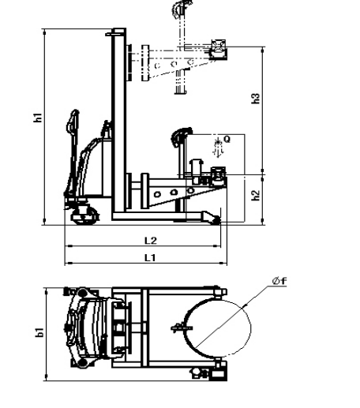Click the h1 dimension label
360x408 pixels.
pyautogui.click(x=38, y=118)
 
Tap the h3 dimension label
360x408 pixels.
pyautogui.click(x=256, y=98)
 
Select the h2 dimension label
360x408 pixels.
pyautogui.click(x=256, y=195)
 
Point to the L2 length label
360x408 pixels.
pyautogui.click(x=151, y=240)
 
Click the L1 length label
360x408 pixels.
pyautogui.click(x=150, y=257)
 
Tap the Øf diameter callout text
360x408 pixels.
pyautogui.click(x=279, y=281)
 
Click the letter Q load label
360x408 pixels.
pyautogui.click(x=227, y=139)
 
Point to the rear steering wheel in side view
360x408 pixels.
pyautogui.click(x=85, y=215)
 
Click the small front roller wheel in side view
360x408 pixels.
pyautogui.click(x=216, y=220)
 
